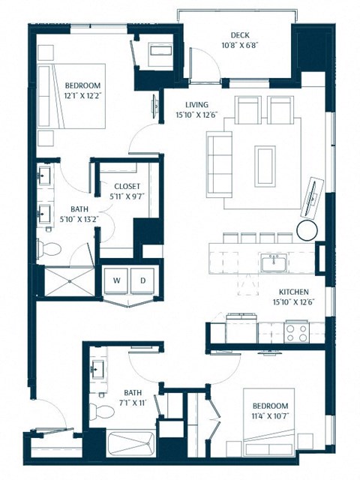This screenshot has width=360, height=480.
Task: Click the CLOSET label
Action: (x=127, y=187)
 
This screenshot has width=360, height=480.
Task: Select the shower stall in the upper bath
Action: (x=66, y=283)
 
